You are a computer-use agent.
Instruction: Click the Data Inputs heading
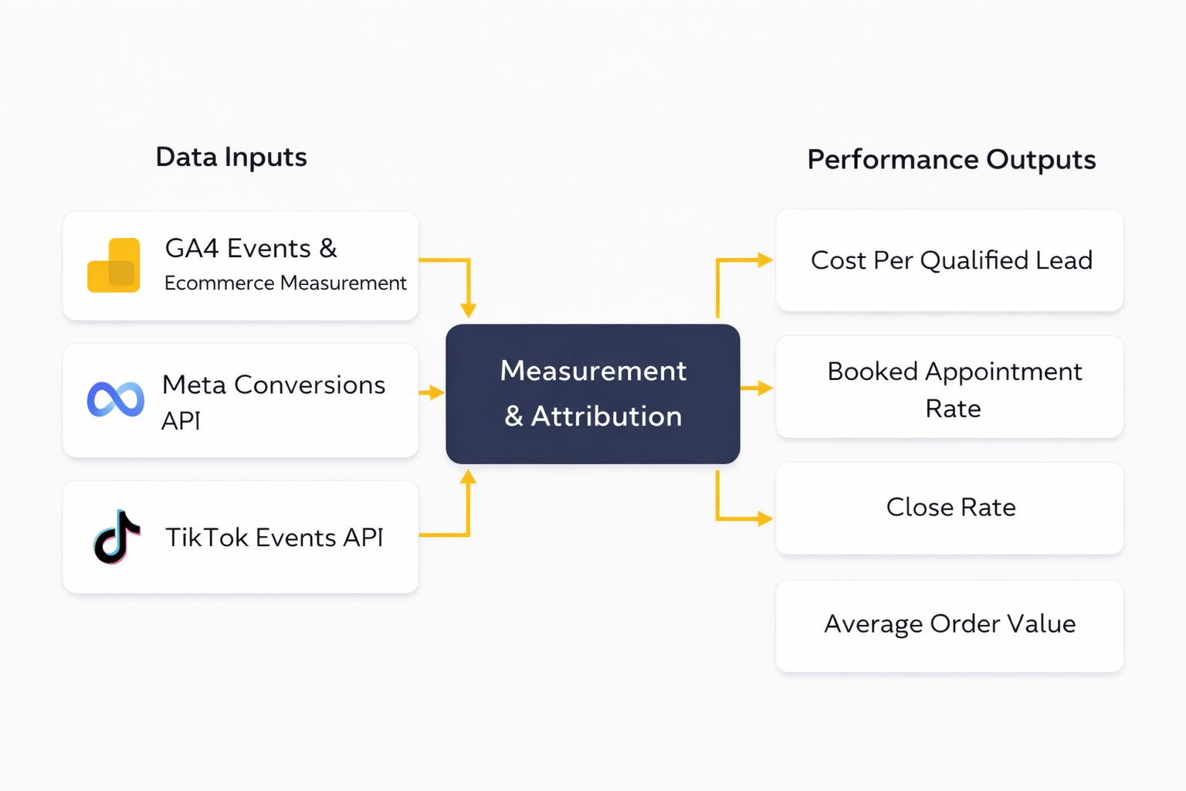tap(231, 157)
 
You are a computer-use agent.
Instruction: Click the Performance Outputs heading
tap(950, 160)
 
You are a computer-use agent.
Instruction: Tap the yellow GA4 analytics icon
tap(114, 266)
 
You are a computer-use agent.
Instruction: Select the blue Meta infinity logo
tap(116, 399)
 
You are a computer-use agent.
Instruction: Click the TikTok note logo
tap(117, 537)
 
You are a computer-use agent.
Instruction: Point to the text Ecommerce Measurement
tap(285, 283)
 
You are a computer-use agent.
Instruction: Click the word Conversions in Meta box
tap(309, 385)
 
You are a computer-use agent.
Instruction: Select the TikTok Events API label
tap(274, 538)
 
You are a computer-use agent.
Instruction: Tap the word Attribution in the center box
tap(606, 416)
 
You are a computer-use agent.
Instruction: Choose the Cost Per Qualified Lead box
tap(949, 260)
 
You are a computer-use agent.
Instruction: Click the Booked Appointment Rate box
tap(949, 388)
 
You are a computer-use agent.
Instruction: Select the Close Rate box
tap(949, 508)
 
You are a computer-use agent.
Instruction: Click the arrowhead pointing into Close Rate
tap(764, 518)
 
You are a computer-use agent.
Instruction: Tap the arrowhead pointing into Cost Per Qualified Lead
tap(764, 260)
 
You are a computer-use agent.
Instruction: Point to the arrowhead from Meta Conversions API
tap(437, 392)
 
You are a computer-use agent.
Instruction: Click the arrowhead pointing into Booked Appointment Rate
tap(764, 388)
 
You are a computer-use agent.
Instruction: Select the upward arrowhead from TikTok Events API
tap(468, 477)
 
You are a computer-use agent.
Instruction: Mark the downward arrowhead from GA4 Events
tap(468, 311)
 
